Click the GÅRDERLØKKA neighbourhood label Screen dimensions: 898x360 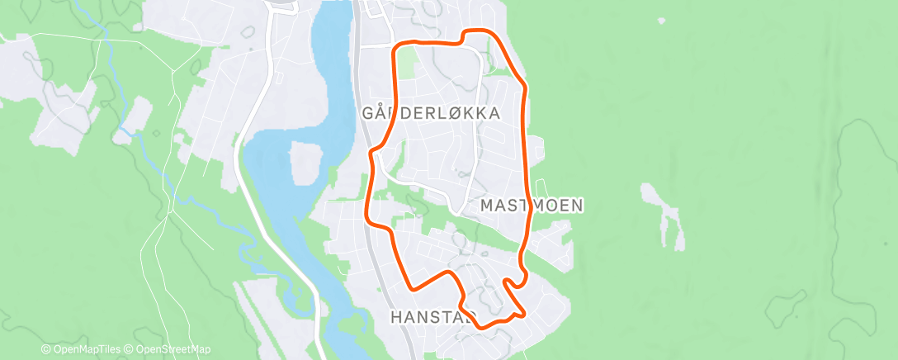(431, 113)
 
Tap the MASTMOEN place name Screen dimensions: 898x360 (532, 205)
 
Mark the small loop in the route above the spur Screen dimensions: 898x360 (513, 282)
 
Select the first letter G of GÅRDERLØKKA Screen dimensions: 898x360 (368, 113)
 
